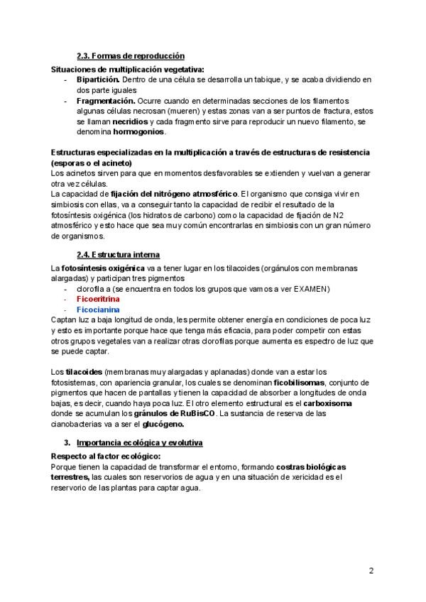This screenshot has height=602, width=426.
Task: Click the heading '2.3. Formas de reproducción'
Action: pos(131,55)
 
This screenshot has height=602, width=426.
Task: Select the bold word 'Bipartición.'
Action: pos(99,80)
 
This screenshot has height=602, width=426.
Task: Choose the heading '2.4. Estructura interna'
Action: pos(118,254)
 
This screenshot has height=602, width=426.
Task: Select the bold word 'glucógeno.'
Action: pos(163,425)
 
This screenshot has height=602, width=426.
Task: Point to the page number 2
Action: pos(371,570)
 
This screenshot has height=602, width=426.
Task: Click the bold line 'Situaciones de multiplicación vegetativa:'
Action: pos(128,70)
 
